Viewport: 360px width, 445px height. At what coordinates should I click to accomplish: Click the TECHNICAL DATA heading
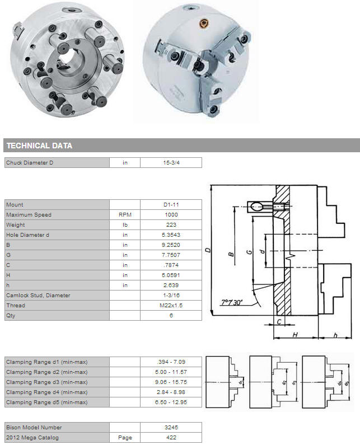(39, 146)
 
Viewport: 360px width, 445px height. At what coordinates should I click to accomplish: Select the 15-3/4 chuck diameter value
(171, 163)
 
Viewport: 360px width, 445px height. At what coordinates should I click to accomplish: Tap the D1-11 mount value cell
(171, 205)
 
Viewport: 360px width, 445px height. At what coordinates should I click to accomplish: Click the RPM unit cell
(125, 215)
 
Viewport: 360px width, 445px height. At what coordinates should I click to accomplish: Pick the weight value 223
(171, 225)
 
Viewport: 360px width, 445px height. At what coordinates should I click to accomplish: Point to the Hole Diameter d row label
(27, 235)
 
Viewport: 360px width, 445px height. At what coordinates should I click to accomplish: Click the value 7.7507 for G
(171, 255)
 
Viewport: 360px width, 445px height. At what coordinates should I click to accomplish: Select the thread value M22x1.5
(171, 306)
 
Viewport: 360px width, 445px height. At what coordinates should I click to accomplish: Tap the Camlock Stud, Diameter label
(38, 296)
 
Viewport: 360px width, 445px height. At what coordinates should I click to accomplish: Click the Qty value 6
(171, 316)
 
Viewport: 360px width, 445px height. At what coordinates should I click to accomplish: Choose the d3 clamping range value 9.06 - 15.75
(171, 382)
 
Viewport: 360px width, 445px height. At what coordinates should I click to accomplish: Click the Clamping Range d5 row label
(47, 402)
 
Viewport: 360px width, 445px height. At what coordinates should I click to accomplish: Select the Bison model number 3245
(171, 428)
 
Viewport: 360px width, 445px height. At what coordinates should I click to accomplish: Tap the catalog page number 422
(171, 438)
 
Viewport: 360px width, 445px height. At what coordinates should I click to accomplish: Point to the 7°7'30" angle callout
(232, 302)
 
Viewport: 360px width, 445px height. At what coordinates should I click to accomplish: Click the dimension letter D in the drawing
(208, 250)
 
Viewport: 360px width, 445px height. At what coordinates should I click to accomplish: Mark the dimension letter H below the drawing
(295, 335)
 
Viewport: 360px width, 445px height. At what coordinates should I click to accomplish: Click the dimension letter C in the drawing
(279, 322)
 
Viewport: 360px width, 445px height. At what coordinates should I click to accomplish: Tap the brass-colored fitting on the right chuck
(204, 24)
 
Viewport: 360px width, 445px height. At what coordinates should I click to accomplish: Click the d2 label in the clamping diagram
(284, 383)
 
